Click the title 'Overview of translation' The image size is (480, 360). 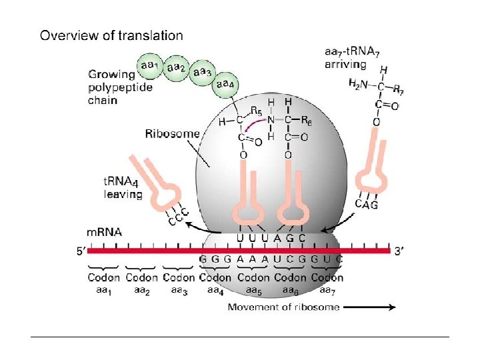point(111,35)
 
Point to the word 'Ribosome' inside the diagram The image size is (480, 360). point(172,133)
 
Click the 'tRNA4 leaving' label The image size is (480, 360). point(123,189)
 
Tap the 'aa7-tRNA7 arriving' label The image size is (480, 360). point(351,58)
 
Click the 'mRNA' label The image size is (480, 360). point(105,233)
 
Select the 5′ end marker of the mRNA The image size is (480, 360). point(81,252)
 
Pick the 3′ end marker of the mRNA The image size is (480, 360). point(398,251)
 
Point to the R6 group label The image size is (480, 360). point(307,121)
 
